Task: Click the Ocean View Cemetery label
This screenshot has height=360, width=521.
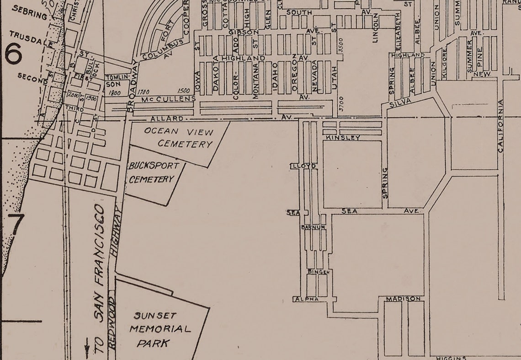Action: (179, 138)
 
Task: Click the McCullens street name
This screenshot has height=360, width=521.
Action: (169, 99)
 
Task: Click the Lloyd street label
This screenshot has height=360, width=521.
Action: (303, 166)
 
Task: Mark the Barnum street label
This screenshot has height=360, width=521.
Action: (313, 227)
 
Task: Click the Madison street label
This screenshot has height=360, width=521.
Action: (403, 299)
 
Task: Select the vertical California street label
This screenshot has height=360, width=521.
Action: (500, 126)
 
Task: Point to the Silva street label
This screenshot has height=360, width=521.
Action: (402, 102)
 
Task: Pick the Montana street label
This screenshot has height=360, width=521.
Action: (255, 81)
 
